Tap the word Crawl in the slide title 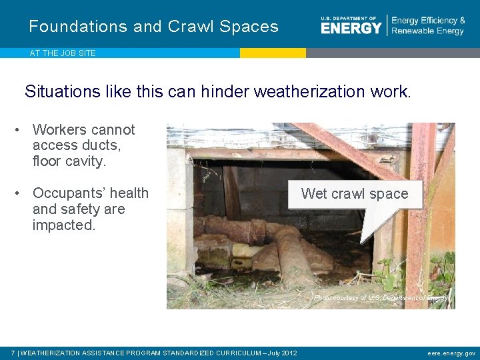click(191, 27)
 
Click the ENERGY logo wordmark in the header click(351, 27)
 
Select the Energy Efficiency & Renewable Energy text click(428, 26)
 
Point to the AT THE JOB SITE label click(63, 53)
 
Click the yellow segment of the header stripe click(273, 53)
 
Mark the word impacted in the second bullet click(64, 225)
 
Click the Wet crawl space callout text click(354, 194)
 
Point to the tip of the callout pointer click(362, 241)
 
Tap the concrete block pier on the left click(179, 213)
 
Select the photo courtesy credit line click(381, 298)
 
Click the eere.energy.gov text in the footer click(451, 353)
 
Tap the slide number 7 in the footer click(13, 353)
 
